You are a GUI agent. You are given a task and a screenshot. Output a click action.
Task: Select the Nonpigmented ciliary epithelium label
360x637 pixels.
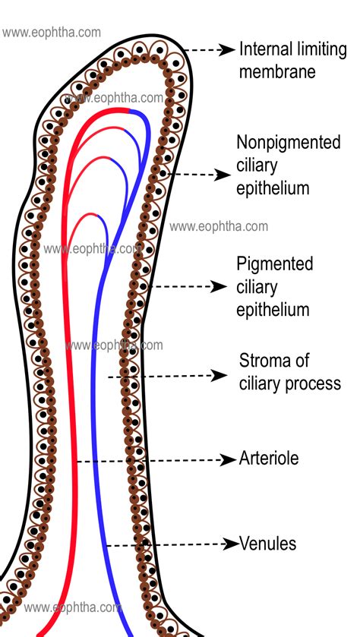pyautogui.click(x=288, y=165)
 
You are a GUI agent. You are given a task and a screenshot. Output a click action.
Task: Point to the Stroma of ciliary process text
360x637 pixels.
pyautogui.click(x=289, y=371)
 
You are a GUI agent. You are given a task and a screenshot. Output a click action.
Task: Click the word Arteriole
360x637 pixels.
pyautogui.click(x=269, y=459)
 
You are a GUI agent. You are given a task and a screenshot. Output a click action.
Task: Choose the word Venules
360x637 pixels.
pyautogui.click(x=268, y=544)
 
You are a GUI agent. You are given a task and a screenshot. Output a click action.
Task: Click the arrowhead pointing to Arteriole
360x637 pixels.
pyautogui.click(x=227, y=459)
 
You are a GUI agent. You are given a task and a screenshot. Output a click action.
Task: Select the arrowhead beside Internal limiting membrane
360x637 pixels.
pyautogui.click(x=227, y=50)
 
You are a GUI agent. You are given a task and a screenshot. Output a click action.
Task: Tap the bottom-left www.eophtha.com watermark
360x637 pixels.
pyautogui.click(x=73, y=607)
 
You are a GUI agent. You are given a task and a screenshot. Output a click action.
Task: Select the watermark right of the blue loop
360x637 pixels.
pyautogui.click(x=219, y=226)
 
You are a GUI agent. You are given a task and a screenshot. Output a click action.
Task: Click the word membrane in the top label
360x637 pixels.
pyautogui.click(x=277, y=73)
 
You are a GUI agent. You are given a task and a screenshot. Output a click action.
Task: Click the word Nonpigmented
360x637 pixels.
pyautogui.click(x=288, y=143)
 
